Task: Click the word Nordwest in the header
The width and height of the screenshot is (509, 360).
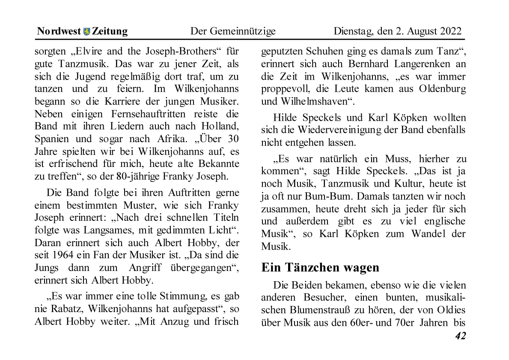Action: [59, 31]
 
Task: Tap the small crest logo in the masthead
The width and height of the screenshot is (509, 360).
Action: [87, 31]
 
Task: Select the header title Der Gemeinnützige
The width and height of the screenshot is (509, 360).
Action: [233, 31]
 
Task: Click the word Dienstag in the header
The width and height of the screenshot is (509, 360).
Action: [352, 31]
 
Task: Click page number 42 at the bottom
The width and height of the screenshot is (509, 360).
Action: [460, 336]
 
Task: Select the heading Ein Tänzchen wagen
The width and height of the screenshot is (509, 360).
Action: [320, 268]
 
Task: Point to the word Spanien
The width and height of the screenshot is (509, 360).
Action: [51, 139]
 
